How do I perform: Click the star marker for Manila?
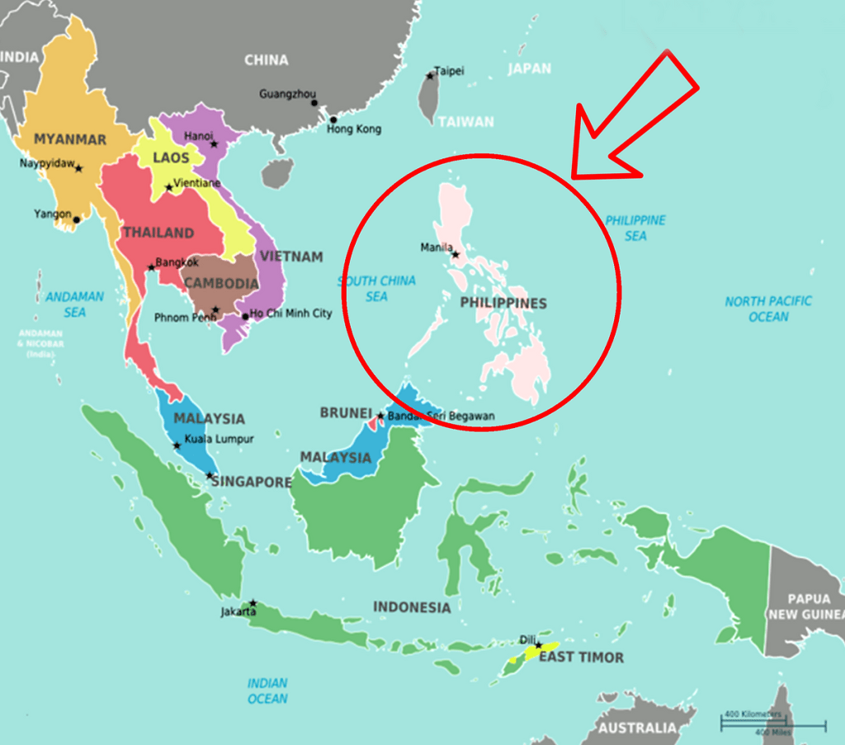[x=455, y=255]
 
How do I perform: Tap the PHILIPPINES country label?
[x=503, y=304]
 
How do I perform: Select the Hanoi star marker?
[x=214, y=144]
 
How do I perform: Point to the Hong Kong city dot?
[x=333, y=120]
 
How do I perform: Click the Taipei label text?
[x=450, y=71]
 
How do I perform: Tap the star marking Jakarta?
[x=253, y=603]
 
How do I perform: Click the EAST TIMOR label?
[x=581, y=658]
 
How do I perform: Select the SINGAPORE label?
[x=252, y=482]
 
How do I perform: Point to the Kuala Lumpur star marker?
[x=177, y=446]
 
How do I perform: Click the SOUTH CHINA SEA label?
[x=376, y=288]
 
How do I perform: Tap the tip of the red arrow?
[x=574, y=176]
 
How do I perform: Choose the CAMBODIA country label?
[x=221, y=284]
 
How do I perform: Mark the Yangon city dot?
[x=77, y=219]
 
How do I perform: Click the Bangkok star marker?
[x=151, y=267]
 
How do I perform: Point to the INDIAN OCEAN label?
[x=267, y=691]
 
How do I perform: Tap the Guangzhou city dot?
[x=314, y=103]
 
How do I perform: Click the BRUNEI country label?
[x=346, y=413]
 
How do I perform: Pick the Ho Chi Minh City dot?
[x=245, y=316]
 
